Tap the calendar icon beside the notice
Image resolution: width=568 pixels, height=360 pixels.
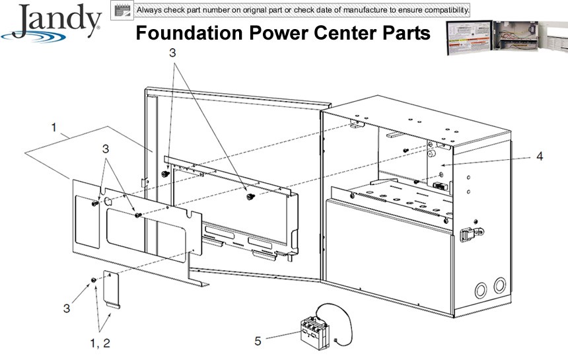click(x=120, y=11)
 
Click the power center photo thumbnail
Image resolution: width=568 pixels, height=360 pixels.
click(x=506, y=38)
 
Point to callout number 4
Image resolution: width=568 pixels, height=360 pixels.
click(x=540, y=157)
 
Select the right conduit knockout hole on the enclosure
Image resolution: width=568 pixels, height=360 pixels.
click(x=500, y=285)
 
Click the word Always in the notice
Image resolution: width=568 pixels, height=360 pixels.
click(x=149, y=11)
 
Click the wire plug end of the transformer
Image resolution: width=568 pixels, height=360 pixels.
click(x=337, y=340)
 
